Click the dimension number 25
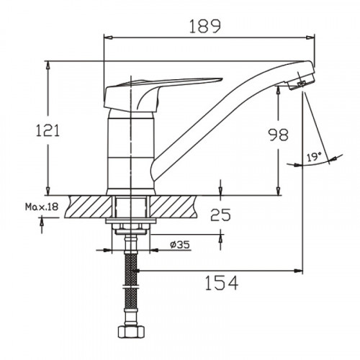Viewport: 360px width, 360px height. (x=221, y=214)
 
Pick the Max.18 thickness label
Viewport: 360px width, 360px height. (x=40, y=207)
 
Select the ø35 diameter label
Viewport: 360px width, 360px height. (x=180, y=244)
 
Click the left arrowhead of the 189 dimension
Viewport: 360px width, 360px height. (x=107, y=36)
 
